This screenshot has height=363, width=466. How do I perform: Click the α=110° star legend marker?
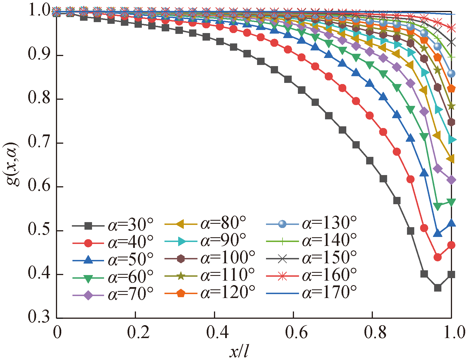coord(181,276)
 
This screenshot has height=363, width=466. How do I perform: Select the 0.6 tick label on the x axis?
coord(296,333)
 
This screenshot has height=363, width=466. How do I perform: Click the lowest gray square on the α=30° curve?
coord(438,288)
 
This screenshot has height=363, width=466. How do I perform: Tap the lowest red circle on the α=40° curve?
coord(438,257)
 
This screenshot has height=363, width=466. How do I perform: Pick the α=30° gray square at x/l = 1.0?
coord(451,274)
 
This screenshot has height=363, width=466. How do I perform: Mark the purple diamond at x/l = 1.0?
coord(451,180)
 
